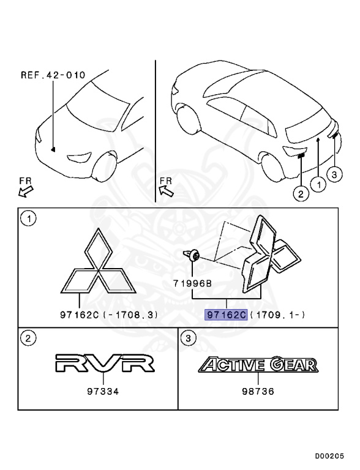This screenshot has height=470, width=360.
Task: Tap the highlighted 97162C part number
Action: point(226,315)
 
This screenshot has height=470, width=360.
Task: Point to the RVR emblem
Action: point(103,364)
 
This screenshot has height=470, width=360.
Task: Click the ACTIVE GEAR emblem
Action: point(258,365)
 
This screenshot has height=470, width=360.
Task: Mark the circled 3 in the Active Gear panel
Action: point(189,337)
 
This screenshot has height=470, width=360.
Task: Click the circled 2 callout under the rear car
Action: point(300,195)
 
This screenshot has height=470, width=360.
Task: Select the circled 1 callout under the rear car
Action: point(317,183)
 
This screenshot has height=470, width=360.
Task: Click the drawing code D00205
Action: point(330,456)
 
